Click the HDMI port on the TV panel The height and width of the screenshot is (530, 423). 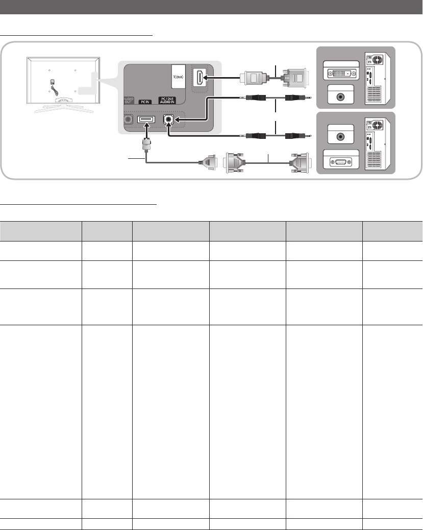(x=200, y=77)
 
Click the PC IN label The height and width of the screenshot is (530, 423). (x=145, y=102)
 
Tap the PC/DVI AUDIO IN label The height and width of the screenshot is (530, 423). (x=167, y=101)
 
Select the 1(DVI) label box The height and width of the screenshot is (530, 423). (x=179, y=77)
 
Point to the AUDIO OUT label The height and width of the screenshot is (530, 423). (x=129, y=101)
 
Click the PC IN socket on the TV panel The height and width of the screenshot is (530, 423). (x=146, y=119)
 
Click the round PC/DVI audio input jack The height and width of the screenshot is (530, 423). (x=168, y=119)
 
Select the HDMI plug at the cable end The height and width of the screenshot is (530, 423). (x=252, y=78)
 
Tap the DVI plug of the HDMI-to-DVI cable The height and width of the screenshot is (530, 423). (x=294, y=78)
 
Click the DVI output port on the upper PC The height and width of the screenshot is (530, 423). (x=341, y=73)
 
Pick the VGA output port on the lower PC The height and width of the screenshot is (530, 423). (x=341, y=162)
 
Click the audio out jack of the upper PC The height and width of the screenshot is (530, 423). (x=341, y=97)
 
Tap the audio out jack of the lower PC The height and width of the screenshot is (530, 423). (x=341, y=137)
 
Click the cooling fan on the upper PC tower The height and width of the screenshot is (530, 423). (x=378, y=60)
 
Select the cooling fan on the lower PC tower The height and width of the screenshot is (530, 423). (x=378, y=126)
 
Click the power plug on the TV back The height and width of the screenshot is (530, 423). (x=53, y=82)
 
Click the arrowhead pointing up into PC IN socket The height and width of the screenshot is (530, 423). (x=146, y=125)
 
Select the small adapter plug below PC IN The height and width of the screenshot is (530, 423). (x=146, y=145)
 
